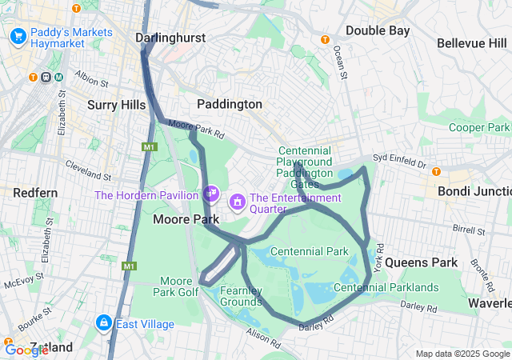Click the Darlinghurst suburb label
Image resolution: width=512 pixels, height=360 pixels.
(170, 38)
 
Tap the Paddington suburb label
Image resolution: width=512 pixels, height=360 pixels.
(230, 104)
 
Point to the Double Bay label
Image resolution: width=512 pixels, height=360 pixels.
(378, 30)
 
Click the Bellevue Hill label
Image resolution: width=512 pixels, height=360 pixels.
(472, 41)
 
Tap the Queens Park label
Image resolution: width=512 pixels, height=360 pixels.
(421, 262)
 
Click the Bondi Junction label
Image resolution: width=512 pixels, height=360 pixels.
(474, 191)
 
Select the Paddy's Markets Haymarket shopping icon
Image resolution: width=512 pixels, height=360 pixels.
(18, 36)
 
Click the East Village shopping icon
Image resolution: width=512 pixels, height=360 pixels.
(103, 323)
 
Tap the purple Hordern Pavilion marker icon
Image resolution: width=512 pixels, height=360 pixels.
(211, 193)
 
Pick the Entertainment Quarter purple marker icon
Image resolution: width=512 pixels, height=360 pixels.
(238, 201)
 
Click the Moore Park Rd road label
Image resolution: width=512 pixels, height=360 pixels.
(195, 129)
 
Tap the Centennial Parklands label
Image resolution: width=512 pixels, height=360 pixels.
(386, 287)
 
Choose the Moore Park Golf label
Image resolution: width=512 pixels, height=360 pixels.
(177, 286)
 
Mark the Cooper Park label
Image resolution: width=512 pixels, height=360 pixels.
(478, 127)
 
